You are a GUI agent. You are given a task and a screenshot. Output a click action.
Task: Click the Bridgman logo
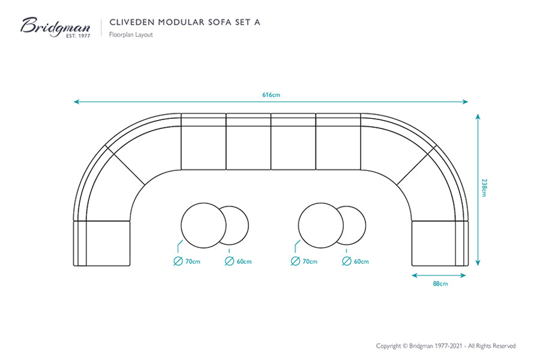pos(55,27)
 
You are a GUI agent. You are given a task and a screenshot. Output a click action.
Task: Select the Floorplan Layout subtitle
pos(131,34)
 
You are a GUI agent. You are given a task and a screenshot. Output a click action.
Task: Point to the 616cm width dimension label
pos(271,95)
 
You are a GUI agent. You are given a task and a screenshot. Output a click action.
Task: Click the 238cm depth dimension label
pos(484,187)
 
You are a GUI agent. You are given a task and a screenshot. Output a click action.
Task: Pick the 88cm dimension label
pos(440,284)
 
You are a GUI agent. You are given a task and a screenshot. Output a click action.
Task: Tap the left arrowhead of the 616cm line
pos(76,101)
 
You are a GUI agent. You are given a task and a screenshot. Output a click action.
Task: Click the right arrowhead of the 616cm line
pos(465,101)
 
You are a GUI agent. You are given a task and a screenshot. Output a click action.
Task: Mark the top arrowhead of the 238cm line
pos(478,116)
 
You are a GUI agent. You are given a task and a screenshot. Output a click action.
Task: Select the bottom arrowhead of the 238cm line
pos(478,263)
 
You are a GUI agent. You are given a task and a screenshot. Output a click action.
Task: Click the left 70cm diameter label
pos(193,262)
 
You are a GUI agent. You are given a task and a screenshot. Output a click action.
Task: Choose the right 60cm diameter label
pos(361,262)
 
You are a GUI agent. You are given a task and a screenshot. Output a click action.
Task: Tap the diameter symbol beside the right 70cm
pos(295,261)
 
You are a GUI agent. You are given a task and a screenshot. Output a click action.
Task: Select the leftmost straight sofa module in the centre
pos(203,142)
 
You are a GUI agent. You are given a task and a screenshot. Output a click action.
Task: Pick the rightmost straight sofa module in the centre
pos(338,142)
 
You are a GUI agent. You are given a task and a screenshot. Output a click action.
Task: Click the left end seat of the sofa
pos(102,244)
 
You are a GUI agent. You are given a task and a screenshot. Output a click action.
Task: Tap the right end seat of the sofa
pos(440,244)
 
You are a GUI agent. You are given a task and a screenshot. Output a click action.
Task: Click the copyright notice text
pos(446,346)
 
